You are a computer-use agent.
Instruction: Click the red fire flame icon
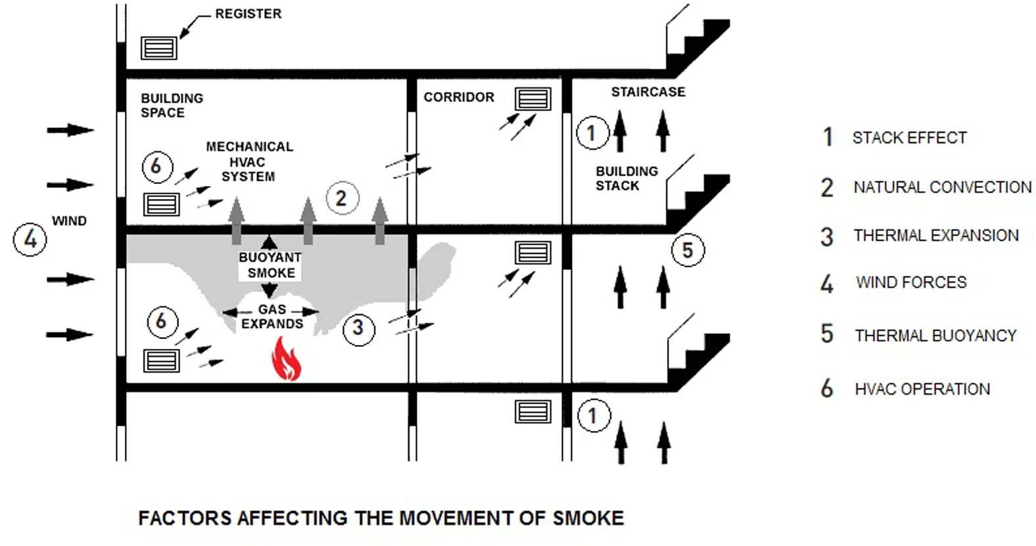287,359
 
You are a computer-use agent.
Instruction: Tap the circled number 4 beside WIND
30,239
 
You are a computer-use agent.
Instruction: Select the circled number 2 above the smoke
341,198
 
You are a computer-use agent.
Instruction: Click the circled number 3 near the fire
358,328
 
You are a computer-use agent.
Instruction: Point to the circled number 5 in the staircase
688,250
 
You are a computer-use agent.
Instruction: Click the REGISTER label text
248,14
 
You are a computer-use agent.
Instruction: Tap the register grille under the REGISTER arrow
159,48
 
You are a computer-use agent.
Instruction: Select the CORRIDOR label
458,97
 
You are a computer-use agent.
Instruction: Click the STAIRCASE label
648,92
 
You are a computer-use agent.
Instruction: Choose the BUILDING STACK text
626,179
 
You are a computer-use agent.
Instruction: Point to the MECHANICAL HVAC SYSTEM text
249,162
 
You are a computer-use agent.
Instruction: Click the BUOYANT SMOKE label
270,265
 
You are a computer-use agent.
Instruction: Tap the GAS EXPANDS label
272,317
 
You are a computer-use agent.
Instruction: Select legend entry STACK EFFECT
909,138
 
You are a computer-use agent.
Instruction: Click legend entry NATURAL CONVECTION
942,187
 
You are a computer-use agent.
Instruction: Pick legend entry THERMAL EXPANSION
935,235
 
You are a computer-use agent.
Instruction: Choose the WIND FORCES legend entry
911,283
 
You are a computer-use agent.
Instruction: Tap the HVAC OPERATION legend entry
922,389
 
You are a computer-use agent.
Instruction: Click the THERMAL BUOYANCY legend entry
935,336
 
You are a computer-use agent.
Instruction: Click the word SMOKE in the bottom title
588,518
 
